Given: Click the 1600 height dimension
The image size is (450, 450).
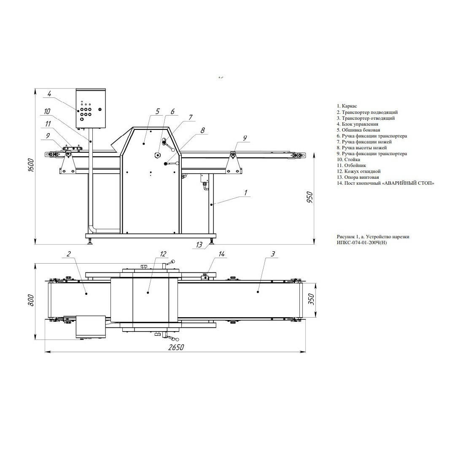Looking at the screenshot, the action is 31,165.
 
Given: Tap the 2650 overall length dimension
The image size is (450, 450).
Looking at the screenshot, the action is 176,347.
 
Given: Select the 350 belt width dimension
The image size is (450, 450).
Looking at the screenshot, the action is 312,299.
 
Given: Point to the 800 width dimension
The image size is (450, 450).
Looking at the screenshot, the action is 31,300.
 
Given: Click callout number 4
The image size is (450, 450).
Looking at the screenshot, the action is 49,94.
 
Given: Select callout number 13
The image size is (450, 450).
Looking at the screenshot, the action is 199,245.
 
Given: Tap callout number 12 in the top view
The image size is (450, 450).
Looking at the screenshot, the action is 163,254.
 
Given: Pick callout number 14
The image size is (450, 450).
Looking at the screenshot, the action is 221,254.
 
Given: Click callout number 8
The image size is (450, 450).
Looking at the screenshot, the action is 202,130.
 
